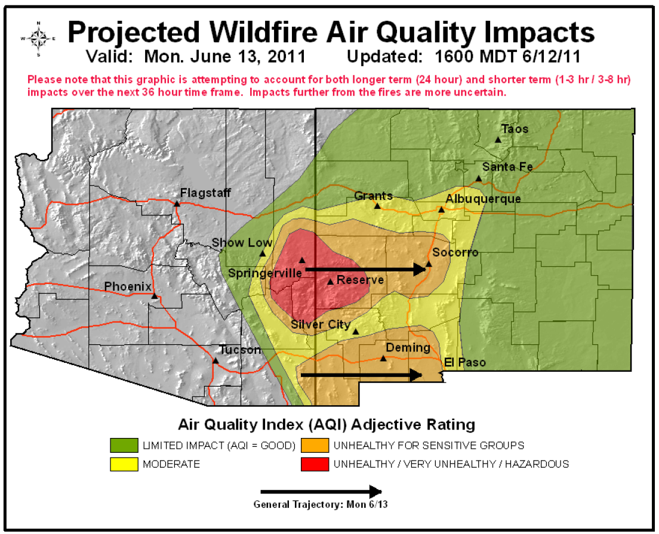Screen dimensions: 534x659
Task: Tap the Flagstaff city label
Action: pos(205,193)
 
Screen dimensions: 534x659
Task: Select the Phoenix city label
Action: pos(128,286)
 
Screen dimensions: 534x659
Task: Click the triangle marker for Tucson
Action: pos(215,360)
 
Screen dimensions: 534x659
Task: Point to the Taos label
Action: pos(515,129)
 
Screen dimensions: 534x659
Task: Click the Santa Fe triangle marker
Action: pos(479,178)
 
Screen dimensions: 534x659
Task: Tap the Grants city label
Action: pos(373,196)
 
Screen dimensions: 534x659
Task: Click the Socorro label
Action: pos(455,252)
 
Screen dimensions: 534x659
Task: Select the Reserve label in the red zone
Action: pos(360,280)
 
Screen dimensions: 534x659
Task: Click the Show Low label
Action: pos(242,243)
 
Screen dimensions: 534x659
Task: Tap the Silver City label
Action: pos(321,325)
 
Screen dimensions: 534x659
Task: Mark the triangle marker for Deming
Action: pos(383,358)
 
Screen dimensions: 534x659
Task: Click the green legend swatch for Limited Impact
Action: pos(124,445)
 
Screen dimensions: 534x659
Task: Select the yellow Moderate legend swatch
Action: pos(124,464)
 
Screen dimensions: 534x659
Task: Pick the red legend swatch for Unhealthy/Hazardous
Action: pos(315,464)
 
